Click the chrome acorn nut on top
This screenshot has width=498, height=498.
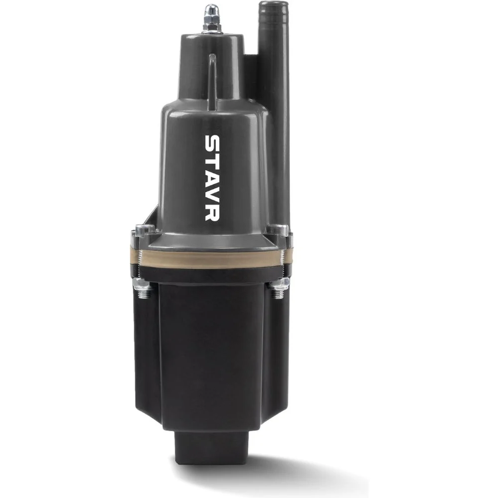pos(210,14)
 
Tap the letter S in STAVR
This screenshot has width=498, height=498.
pos(211,143)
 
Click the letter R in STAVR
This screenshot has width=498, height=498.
pos(211,212)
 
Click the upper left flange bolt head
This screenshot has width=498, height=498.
pos(144,229)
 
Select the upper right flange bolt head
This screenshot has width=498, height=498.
pos(277,229)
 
